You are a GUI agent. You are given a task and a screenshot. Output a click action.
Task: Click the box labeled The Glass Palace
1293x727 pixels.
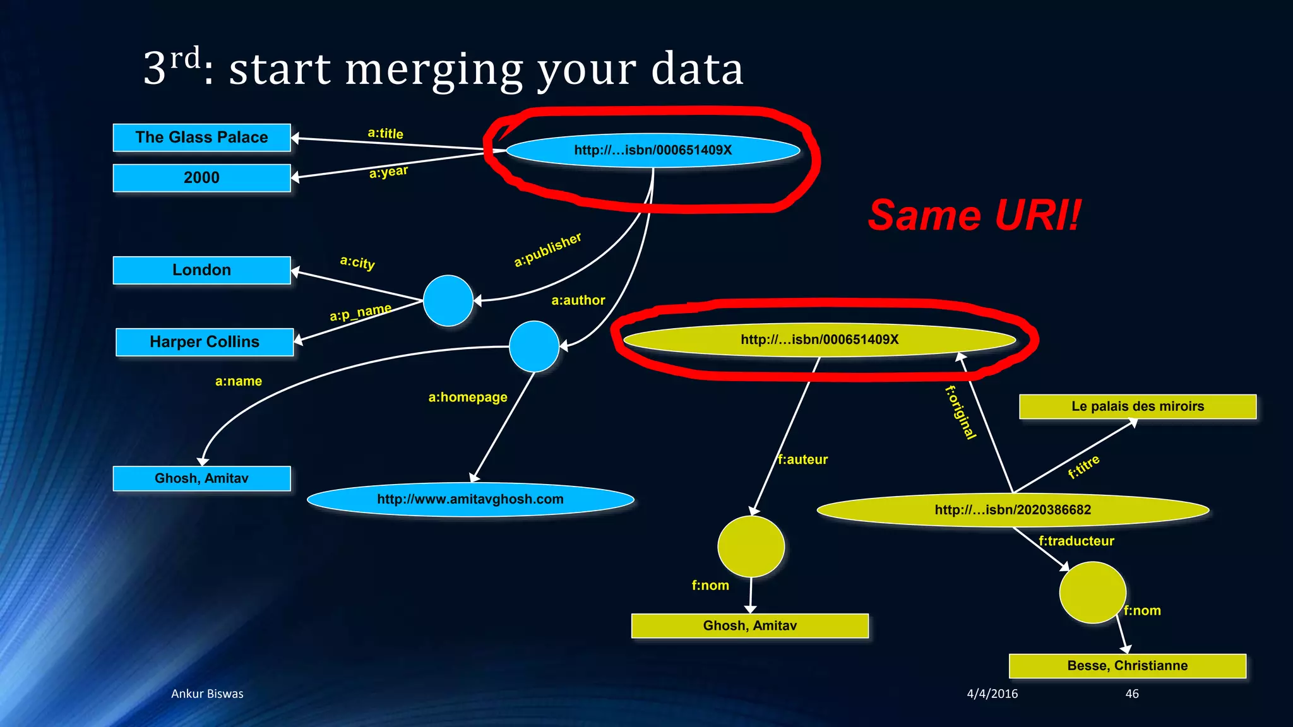click(201, 138)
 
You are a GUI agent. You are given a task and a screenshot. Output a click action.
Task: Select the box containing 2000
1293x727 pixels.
click(201, 178)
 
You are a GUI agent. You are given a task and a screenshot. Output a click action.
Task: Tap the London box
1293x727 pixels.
click(201, 270)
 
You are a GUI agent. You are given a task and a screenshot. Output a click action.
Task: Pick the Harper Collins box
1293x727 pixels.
click(205, 342)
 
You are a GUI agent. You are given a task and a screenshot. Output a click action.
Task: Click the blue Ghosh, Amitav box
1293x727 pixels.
click(201, 478)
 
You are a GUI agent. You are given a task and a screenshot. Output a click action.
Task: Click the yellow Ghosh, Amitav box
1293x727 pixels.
click(750, 625)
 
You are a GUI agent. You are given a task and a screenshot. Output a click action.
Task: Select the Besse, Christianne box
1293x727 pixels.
click(1127, 666)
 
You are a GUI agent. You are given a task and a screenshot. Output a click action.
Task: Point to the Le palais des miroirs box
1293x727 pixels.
click(1137, 406)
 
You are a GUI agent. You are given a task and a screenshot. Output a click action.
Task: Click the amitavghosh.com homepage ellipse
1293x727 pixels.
click(470, 499)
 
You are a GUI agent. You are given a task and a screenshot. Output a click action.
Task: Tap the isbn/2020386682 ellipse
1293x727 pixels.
click(1013, 510)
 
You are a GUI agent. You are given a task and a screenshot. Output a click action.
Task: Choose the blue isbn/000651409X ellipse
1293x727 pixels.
click(653, 150)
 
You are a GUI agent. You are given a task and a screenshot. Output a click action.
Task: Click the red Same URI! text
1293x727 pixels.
click(974, 215)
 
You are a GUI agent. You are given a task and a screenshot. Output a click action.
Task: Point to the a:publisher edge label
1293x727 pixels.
click(547, 250)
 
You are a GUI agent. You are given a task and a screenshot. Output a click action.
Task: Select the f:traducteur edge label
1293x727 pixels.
click(1076, 541)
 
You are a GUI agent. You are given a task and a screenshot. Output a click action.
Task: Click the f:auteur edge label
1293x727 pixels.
click(802, 459)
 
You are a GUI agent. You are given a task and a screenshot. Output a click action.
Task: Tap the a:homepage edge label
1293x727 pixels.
click(468, 397)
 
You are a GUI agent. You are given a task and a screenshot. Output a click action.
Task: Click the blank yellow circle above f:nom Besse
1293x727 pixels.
click(1092, 592)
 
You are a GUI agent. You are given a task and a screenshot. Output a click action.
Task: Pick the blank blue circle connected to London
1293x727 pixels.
click(448, 300)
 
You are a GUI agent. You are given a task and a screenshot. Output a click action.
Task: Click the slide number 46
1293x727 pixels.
click(1132, 694)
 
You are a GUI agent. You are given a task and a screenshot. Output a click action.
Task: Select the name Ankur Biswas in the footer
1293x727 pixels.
click(207, 694)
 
